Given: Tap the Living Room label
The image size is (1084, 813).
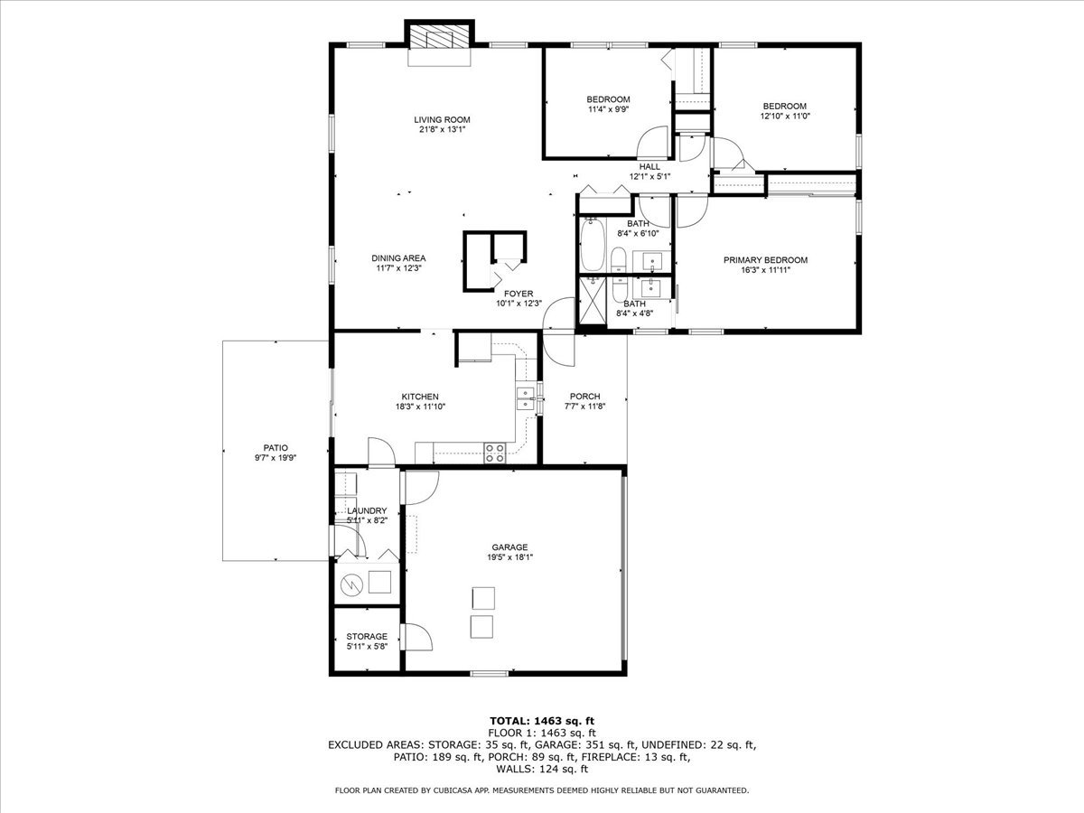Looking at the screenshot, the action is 442,119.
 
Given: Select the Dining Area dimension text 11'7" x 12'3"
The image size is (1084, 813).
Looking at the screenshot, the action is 398,268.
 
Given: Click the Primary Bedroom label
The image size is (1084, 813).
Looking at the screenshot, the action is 765,260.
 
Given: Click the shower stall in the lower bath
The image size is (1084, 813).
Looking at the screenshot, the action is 592,300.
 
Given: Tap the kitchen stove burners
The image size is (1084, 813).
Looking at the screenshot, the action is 495,453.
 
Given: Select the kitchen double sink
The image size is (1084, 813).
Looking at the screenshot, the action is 526,399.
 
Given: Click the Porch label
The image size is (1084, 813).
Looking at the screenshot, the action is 584,397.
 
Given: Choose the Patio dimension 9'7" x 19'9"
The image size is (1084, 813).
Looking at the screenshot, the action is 276,458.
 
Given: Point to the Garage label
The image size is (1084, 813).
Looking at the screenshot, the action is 509,547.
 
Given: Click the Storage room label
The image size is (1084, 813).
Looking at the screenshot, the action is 367,636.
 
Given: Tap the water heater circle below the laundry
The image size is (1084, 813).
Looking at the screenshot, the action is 351,585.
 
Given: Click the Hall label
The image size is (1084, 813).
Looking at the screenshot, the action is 649,167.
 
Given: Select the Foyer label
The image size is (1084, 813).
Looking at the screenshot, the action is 519,294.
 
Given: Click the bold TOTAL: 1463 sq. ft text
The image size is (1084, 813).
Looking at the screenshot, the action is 542,721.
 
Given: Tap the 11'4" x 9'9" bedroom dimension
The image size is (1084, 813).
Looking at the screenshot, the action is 608,109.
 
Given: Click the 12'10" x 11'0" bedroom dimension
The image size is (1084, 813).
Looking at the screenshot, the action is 785,116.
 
